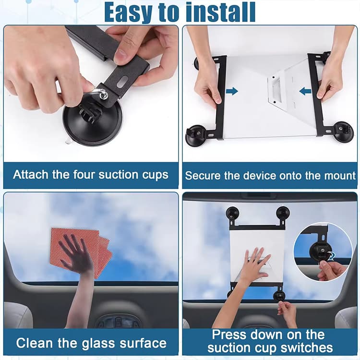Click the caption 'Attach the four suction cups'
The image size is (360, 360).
(x=91, y=175)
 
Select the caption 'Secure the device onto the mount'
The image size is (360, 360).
(x=270, y=175)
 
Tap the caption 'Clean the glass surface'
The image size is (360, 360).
(x=91, y=343)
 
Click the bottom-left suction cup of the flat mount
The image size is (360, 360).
(x=196, y=134)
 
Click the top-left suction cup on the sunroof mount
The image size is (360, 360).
(x=233, y=213)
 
